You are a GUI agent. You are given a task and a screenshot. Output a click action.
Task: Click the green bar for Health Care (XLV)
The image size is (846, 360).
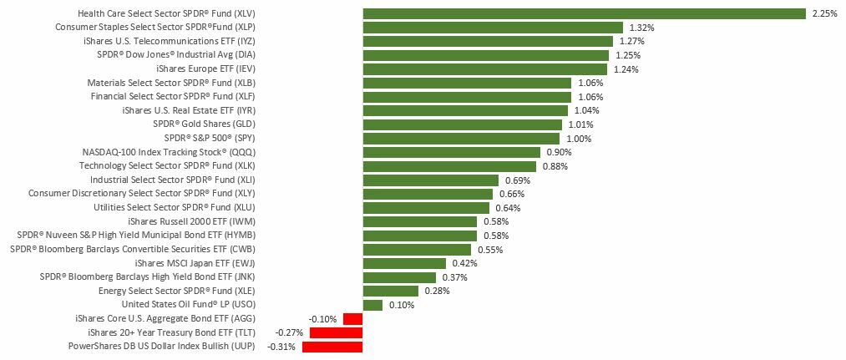pyautogui.click(x=584, y=13)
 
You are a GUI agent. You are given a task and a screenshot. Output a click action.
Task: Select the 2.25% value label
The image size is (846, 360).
pyautogui.click(x=823, y=13)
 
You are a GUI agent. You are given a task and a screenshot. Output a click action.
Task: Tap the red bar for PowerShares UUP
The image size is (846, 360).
pyautogui.click(x=332, y=347)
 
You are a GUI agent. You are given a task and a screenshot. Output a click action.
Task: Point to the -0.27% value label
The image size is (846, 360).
pyautogui.click(x=289, y=332)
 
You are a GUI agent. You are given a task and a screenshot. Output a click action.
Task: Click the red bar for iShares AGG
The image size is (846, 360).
pyautogui.click(x=352, y=318)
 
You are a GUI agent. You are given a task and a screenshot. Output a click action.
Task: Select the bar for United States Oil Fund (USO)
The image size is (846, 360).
pyautogui.click(x=372, y=305)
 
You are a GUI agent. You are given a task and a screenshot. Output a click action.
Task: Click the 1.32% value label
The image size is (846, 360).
pyautogui.click(x=641, y=28)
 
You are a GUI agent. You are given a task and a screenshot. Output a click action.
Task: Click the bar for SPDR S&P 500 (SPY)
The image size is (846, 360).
pyautogui.click(x=461, y=139)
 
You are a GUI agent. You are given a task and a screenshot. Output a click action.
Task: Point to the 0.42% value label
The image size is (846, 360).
pyautogui.click(x=464, y=263)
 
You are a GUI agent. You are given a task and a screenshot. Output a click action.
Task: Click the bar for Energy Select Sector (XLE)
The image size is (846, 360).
pyautogui.click(x=391, y=291)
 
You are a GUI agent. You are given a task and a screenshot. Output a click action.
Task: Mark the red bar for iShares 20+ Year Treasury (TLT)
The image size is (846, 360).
pyautogui.click(x=336, y=332)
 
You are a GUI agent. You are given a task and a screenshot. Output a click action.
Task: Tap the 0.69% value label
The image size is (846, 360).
pyautogui.click(x=518, y=180)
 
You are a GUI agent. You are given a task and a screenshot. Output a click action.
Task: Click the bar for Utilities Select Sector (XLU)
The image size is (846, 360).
pyautogui.click(x=426, y=208)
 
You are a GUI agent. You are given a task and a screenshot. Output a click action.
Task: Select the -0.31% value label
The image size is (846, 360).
pyautogui.click(x=281, y=347)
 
